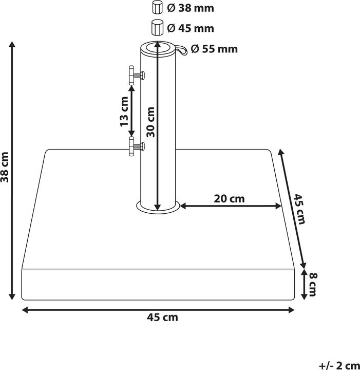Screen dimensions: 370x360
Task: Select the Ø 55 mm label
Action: (x=214, y=49)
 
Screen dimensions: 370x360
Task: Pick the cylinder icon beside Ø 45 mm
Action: (x=157, y=27)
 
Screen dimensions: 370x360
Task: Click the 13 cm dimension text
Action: (x=123, y=112)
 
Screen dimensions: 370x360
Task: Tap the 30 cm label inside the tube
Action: (x=150, y=122)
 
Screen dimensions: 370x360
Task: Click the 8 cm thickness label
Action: (x=312, y=284)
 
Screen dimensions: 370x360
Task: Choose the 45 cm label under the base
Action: (x=162, y=318)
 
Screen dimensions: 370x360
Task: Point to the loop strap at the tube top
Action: (x=183, y=49)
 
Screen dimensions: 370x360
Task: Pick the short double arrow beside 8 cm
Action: (x=304, y=284)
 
